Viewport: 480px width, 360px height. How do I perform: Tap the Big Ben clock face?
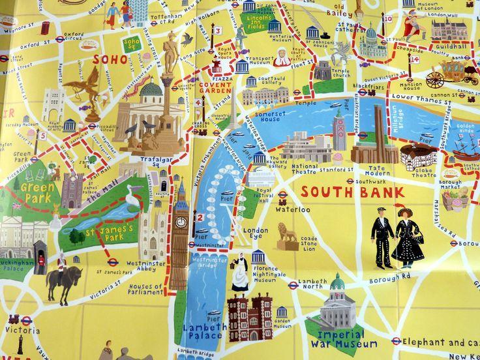(x=181, y=222)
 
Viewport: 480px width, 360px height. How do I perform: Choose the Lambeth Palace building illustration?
(x=249, y=317)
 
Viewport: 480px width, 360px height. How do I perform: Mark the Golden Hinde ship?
(x=465, y=147)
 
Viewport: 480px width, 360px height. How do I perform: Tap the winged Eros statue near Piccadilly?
(x=84, y=85)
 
